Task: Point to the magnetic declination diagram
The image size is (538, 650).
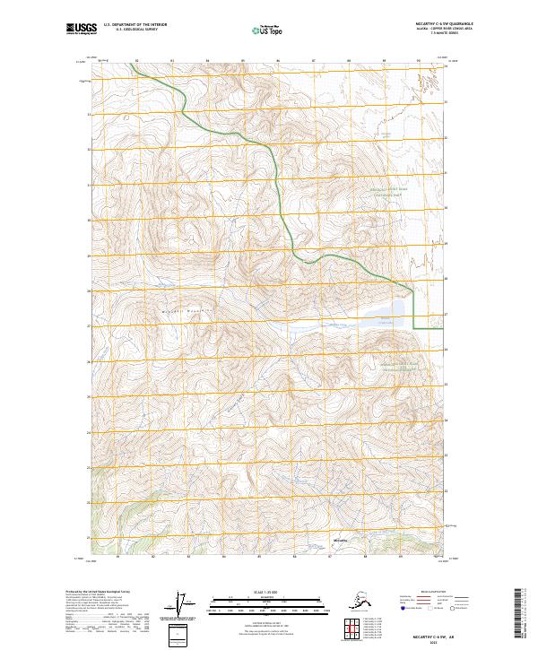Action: pyautogui.click(x=185, y=604)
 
